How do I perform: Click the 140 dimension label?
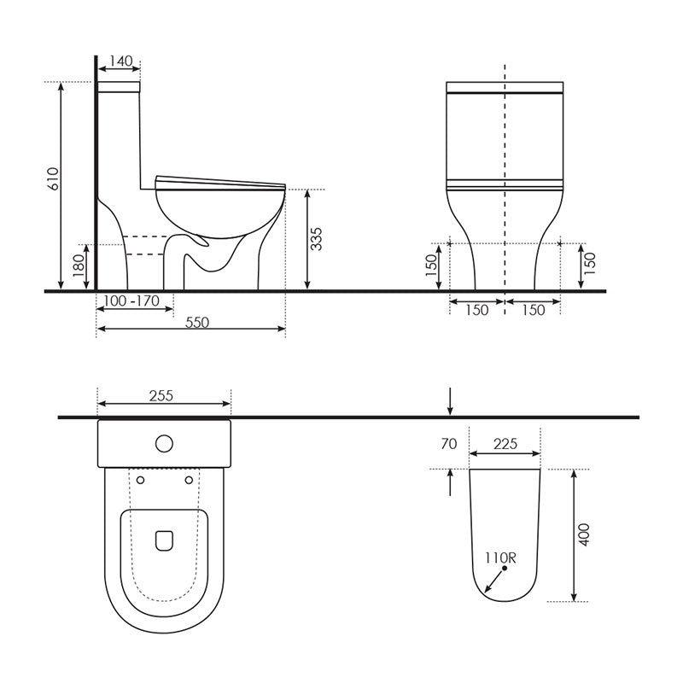[x=121, y=61]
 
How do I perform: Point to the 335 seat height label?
[x=317, y=239]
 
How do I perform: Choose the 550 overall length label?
[x=196, y=322]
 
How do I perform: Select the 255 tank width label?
[x=161, y=395]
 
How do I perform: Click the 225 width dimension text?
[x=505, y=444]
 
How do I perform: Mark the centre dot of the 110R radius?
[x=505, y=569]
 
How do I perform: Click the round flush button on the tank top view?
[x=165, y=443]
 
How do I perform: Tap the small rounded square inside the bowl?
[x=165, y=540]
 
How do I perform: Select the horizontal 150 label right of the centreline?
[x=533, y=310]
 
